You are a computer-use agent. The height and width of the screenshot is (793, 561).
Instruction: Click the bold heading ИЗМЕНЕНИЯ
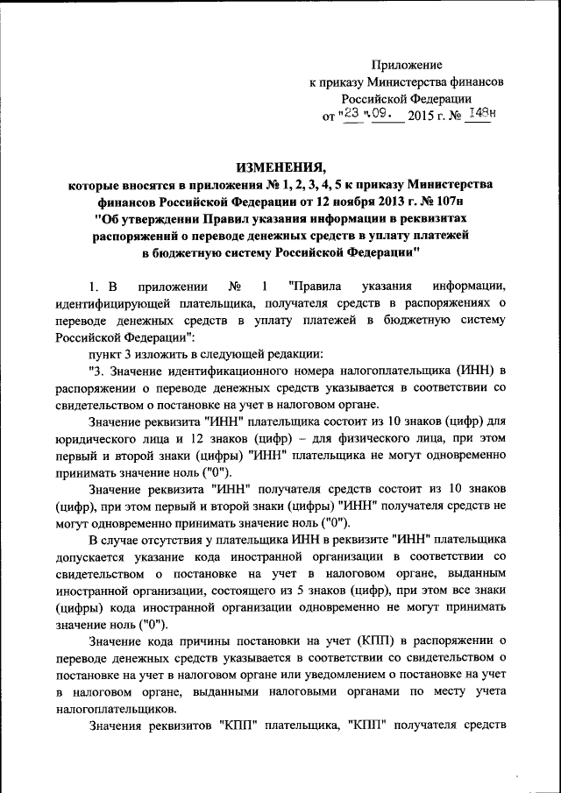pyautogui.click(x=280, y=167)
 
